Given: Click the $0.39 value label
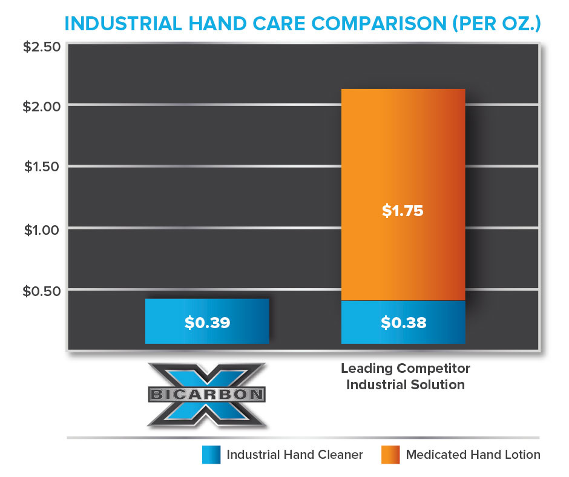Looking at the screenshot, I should click(207, 322).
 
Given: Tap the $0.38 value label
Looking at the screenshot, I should click(403, 323).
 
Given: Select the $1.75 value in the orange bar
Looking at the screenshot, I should click(403, 212).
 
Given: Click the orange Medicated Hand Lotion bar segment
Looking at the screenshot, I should click(403, 151).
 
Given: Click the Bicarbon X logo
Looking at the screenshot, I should click(207, 395).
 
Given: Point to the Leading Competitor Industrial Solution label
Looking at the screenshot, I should click(405, 376).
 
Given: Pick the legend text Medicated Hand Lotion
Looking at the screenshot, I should click(473, 455).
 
